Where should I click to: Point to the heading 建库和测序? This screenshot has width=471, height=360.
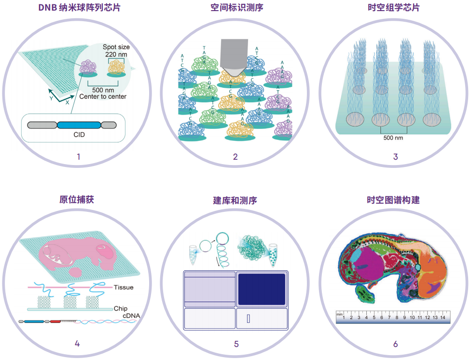tap(235, 200)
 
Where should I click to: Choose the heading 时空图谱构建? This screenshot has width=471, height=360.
tap(395, 199)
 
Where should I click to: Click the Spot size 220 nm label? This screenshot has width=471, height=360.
tap(116, 51)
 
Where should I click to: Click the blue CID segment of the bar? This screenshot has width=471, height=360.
tap(79, 125)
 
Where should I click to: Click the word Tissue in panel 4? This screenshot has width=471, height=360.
tap(124, 288)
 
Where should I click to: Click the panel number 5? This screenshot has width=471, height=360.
tap(236, 344)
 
